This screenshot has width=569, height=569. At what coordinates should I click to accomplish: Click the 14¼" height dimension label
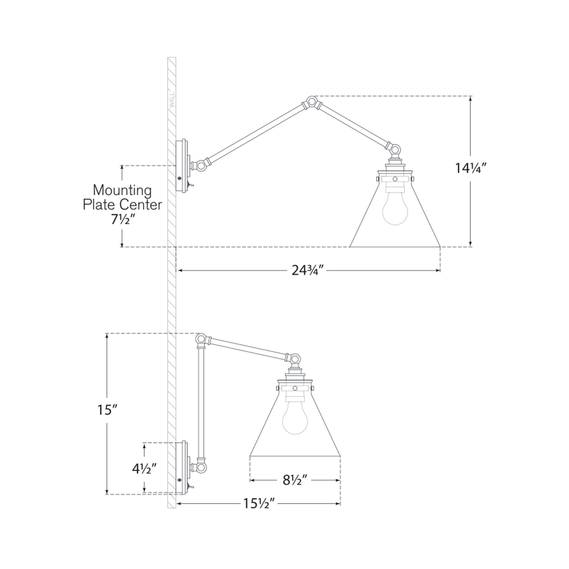tap(470, 168)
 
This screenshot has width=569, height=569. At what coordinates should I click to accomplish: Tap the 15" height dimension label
tap(108, 410)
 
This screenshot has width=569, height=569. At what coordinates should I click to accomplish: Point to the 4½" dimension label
tap(144, 469)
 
